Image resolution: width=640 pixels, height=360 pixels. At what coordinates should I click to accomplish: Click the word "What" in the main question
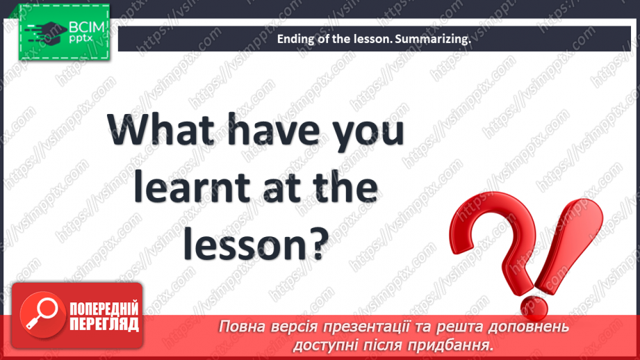pyautogui.click(x=161, y=129)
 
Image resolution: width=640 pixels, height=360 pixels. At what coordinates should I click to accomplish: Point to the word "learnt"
pyautogui.click(x=191, y=188)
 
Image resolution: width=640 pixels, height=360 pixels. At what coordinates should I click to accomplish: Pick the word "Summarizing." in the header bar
pyautogui.click(x=433, y=39)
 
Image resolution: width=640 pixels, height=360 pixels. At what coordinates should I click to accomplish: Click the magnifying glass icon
pyautogui.click(x=42, y=314)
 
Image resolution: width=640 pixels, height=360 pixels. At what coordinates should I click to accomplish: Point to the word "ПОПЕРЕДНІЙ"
pyautogui.click(x=104, y=309)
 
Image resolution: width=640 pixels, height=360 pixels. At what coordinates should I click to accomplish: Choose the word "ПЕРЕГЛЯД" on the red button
pyautogui.click(x=104, y=324)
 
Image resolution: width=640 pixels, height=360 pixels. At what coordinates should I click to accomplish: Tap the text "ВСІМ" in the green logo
pyautogui.click(x=87, y=27)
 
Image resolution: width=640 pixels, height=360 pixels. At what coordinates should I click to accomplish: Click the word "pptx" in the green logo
pyautogui.click(x=81, y=39)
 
